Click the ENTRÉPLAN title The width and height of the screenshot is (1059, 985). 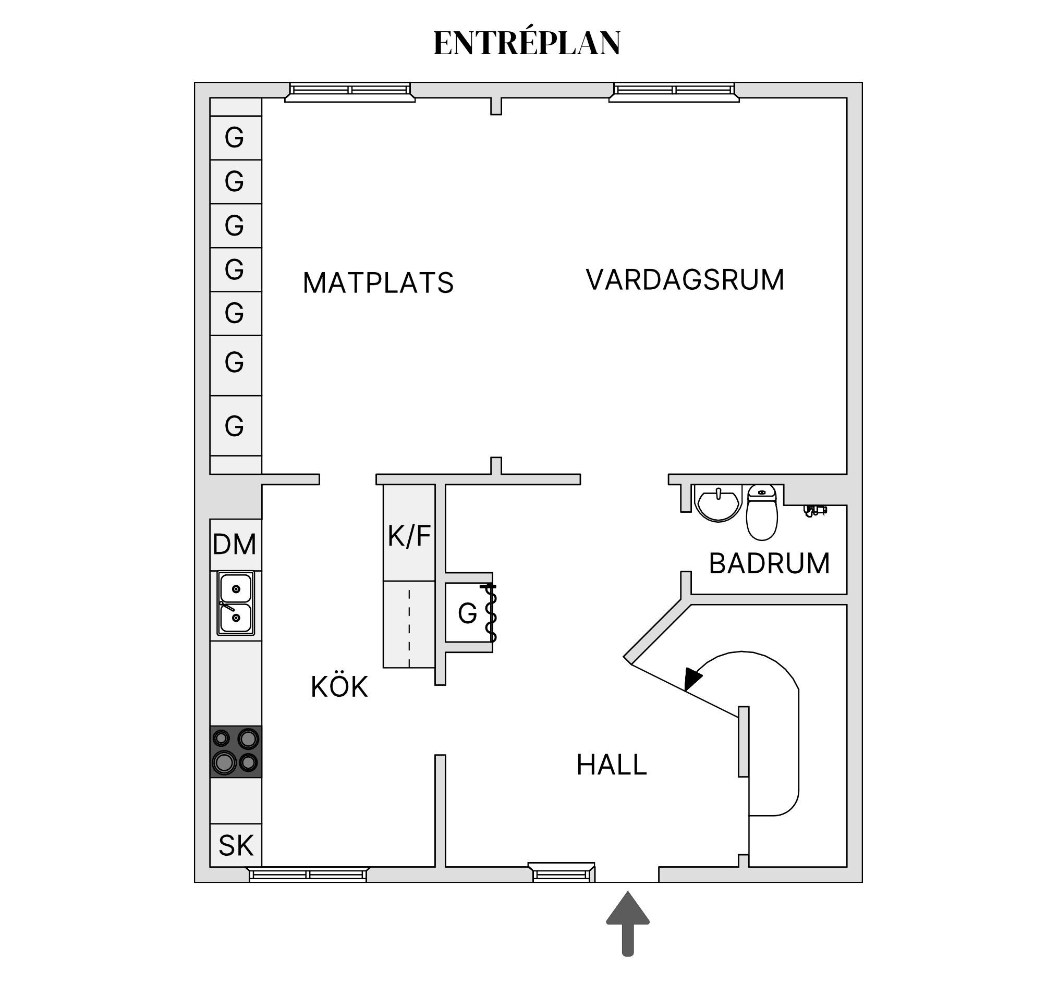point(527,43)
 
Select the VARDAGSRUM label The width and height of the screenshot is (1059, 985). point(685,280)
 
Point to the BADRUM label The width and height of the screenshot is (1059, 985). point(769,563)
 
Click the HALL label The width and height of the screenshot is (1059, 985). point(612,765)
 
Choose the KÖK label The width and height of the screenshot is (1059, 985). point(339,687)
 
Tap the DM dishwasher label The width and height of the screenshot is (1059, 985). point(235,545)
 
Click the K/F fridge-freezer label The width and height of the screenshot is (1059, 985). point(409,536)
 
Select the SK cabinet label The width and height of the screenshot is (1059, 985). point(236,845)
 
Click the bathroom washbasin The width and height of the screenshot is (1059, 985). point(718,502)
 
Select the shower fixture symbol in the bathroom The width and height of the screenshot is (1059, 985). point(814,511)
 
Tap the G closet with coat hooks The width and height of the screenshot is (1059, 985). point(468,613)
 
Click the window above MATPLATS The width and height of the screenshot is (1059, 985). point(349,92)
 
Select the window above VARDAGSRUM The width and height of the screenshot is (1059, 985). point(674,92)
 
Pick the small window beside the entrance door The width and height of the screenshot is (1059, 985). point(562,873)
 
